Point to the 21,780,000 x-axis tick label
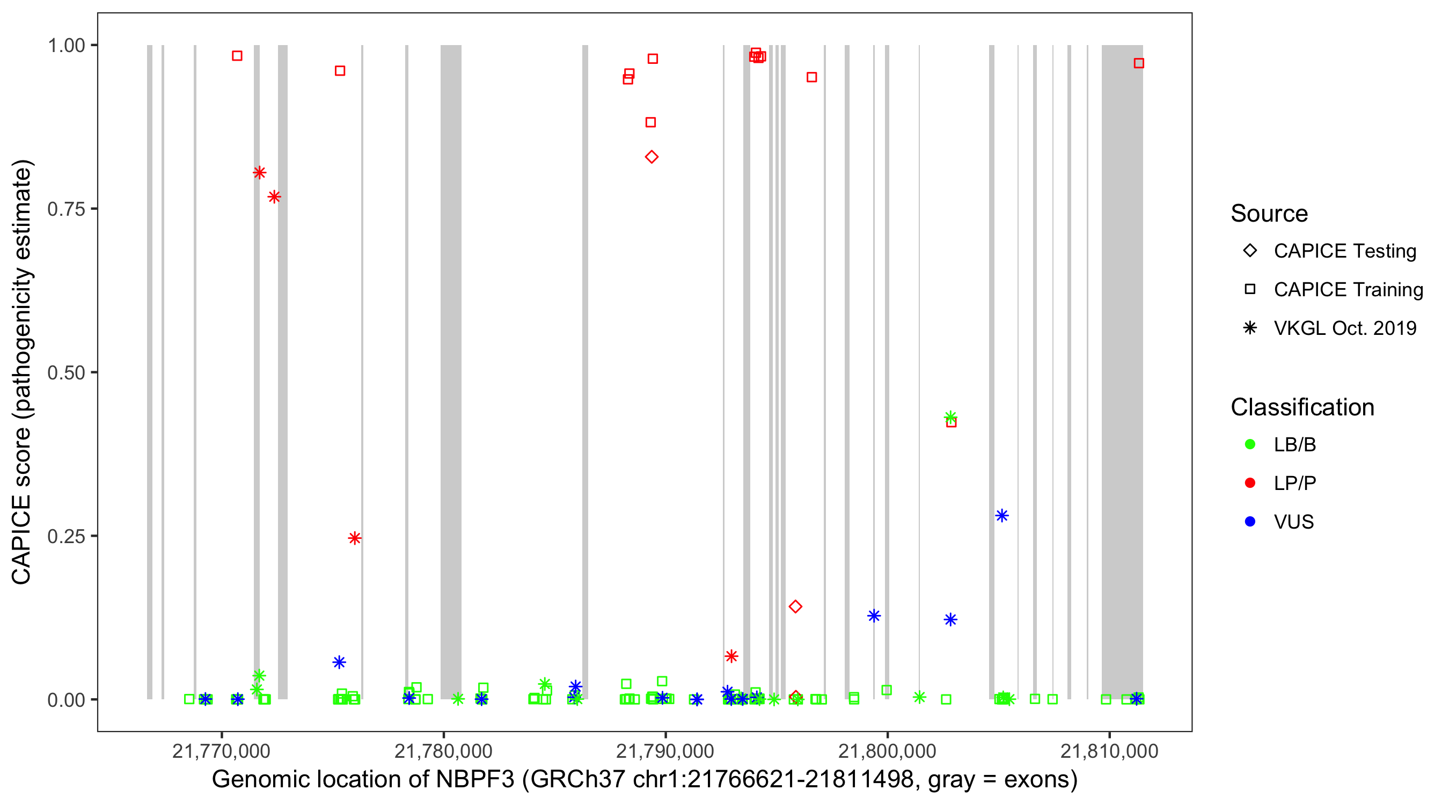443,751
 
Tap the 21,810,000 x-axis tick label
1109,751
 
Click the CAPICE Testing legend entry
1344,251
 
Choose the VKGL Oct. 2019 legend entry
1344,328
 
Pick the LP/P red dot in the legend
1250,483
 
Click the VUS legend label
1294,522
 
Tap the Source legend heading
1269,214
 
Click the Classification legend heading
1302,407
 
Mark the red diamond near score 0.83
652,157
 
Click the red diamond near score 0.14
795,606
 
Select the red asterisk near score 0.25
354,538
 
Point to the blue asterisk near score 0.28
1001,516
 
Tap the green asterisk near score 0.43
950,418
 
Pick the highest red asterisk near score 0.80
259,173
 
